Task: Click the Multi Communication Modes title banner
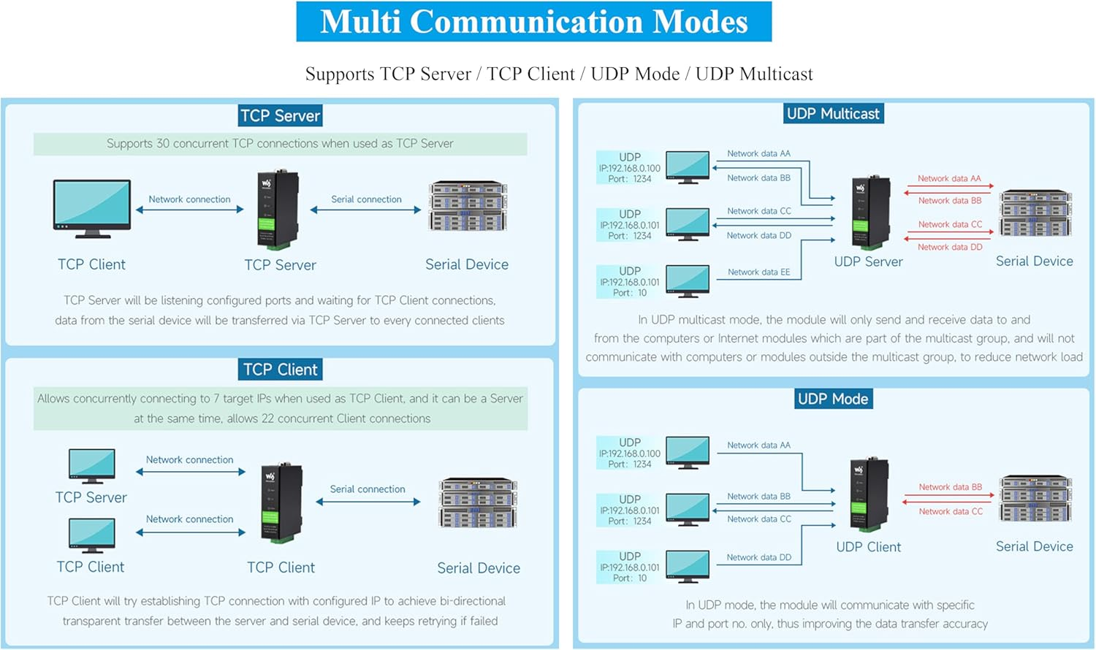533,22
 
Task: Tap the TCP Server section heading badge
280,115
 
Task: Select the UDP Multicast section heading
833,114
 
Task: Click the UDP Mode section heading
833,399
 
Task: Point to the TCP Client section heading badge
280,370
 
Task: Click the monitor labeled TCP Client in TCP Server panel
92,208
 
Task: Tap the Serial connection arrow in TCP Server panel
365,210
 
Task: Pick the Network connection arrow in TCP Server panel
190,210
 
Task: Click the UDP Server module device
870,213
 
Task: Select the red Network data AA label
949,178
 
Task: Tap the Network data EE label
758,272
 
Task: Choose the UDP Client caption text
868,547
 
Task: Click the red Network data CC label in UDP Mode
950,512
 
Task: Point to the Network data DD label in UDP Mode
758,557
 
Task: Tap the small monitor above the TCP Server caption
92,466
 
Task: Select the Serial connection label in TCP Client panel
367,489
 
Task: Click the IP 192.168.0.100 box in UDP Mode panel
629,453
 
